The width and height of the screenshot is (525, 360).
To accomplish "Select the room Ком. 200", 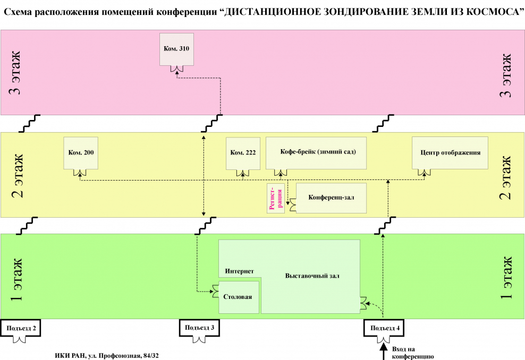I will tap(81, 153).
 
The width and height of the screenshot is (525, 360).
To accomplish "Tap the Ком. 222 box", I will tap(243, 153).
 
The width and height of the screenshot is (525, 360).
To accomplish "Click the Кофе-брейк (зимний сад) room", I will tap(318, 152).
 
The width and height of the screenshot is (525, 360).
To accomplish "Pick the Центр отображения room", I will tap(450, 152).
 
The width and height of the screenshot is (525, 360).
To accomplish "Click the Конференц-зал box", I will tap(331, 198).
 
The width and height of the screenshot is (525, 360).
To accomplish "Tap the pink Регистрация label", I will tap(275, 199).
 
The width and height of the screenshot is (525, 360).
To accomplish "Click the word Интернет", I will tap(239, 271).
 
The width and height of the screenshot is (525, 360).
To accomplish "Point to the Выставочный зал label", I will tap(312, 276).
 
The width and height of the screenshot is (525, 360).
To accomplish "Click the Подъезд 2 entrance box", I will tap(21, 328).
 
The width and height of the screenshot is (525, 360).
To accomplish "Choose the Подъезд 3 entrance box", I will tap(200, 328).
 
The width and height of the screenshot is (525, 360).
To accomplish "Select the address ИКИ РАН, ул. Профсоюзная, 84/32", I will tap(107, 355).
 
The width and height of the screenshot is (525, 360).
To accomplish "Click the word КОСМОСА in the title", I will tap(491, 11).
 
